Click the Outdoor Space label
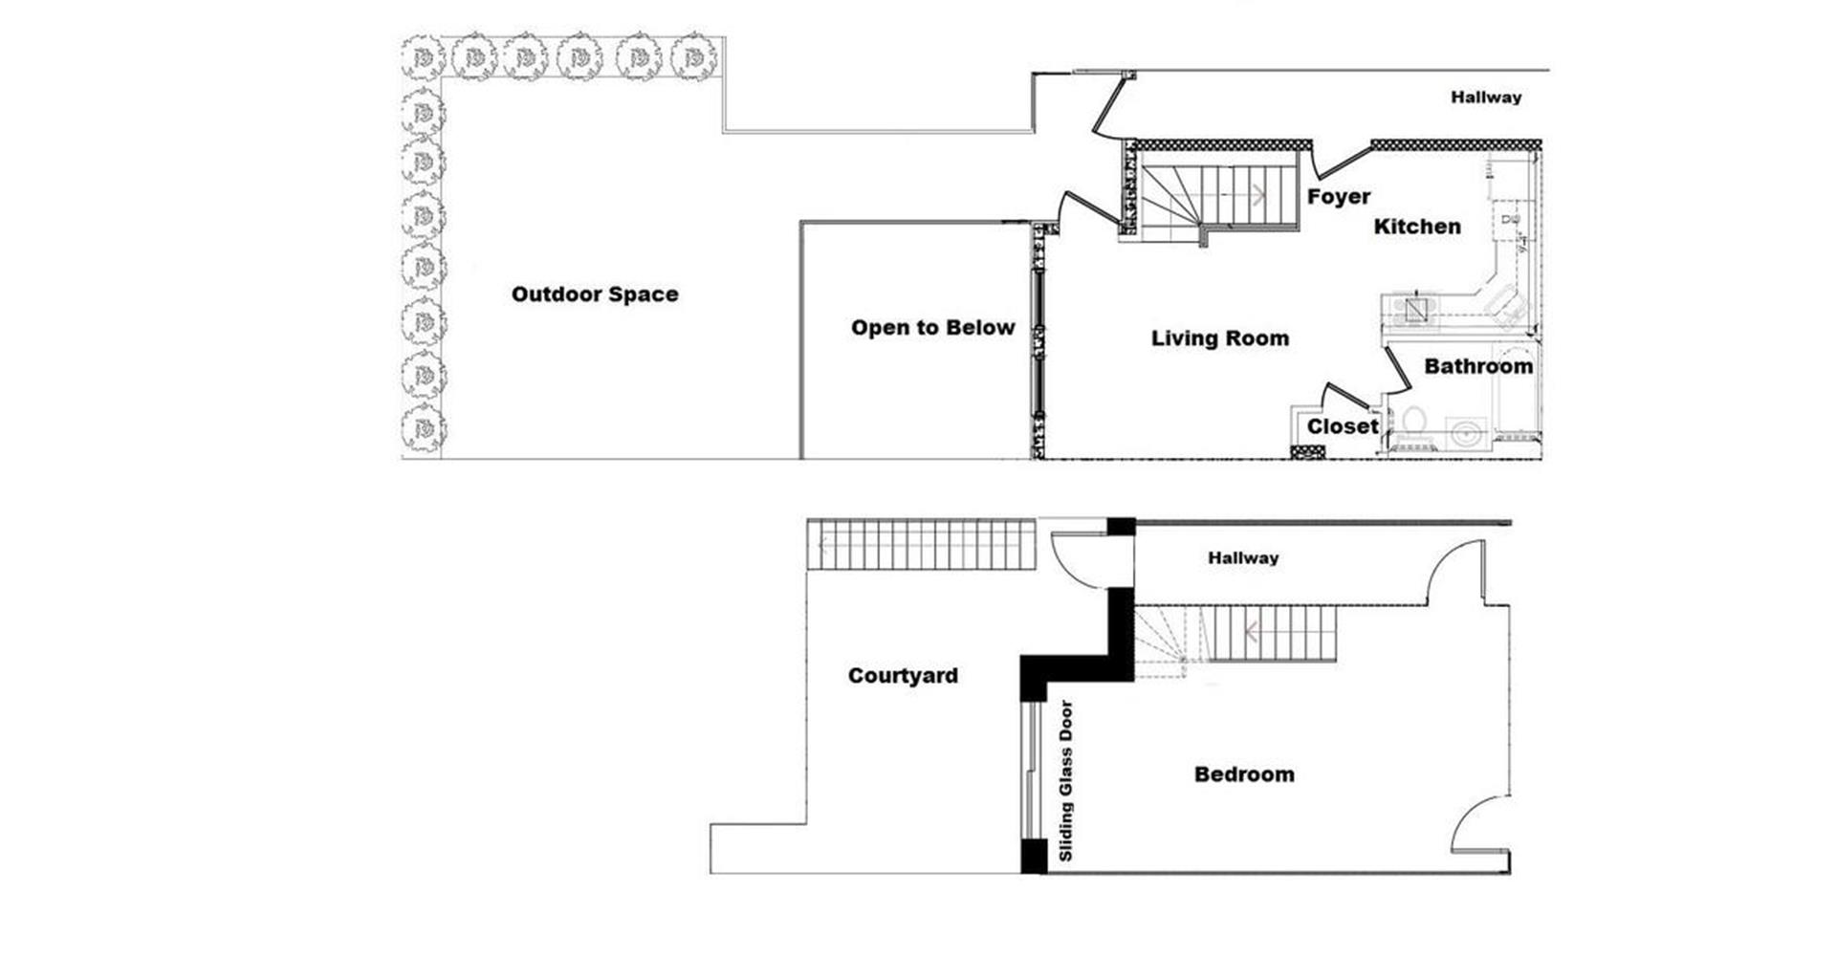(x=595, y=294)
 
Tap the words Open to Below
(x=932, y=328)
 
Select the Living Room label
(x=1219, y=338)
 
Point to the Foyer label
(x=1338, y=197)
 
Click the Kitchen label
(x=1417, y=227)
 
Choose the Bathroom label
(x=1477, y=366)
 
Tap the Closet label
(x=1343, y=426)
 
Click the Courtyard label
(x=903, y=676)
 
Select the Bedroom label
(x=1244, y=774)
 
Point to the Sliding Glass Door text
(x=1066, y=781)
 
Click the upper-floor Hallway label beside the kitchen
(x=1485, y=98)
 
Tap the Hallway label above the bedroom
(x=1242, y=558)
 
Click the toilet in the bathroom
(x=1412, y=422)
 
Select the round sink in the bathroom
(x=1466, y=433)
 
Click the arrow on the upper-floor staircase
(x=1258, y=195)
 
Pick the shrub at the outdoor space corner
(x=422, y=59)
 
